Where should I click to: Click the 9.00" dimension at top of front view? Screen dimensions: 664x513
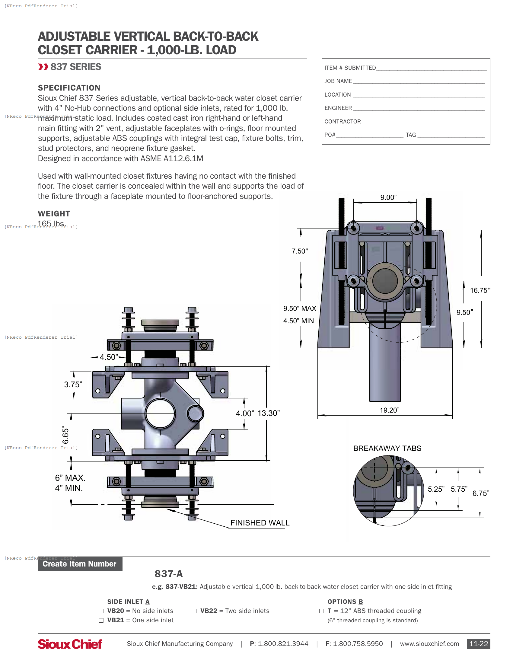(x=388, y=197)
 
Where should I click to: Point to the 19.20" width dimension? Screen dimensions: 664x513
(x=389, y=410)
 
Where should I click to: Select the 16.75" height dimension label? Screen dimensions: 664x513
(x=480, y=290)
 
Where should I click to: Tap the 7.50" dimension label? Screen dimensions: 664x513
(x=300, y=251)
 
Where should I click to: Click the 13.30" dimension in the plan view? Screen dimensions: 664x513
(x=269, y=413)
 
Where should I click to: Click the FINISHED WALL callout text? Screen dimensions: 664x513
(x=260, y=523)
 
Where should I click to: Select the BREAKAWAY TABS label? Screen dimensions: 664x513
(x=387, y=448)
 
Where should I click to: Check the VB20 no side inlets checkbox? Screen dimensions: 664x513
(x=101, y=611)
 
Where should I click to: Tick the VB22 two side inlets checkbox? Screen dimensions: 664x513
(x=194, y=611)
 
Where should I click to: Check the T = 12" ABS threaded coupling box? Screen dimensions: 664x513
(x=322, y=611)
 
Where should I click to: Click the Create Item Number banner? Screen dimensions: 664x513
(x=80, y=564)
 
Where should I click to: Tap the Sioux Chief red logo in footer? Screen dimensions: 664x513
(x=70, y=644)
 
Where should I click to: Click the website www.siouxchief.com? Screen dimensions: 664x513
(x=429, y=644)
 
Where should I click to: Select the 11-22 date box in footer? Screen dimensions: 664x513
(x=478, y=644)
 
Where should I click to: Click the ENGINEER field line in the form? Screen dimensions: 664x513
(x=419, y=109)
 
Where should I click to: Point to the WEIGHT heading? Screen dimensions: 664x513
(x=54, y=213)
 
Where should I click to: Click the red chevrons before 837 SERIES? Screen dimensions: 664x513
(x=43, y=67)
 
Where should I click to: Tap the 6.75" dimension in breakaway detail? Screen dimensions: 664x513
(x=480, y=493)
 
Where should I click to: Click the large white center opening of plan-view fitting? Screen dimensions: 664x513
(x=160, y=413)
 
